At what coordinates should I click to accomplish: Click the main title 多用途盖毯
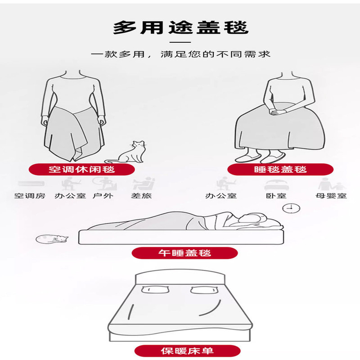pos(181,28)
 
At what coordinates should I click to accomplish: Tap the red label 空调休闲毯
pos(81,170)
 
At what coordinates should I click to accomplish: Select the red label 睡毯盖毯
pos(280,170)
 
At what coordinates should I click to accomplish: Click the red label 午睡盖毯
pos(184,253)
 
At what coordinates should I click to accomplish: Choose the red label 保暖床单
pos(187,351)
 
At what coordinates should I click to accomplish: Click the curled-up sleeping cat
pos(52,239)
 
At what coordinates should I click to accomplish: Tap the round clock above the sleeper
pos(291,208)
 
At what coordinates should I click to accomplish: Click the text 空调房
pos(30,196)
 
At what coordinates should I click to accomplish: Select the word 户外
pos(103,196)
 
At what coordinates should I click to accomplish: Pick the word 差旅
pos(141,196)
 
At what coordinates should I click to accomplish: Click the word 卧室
pos(276,196)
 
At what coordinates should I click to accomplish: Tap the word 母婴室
pos(331,196)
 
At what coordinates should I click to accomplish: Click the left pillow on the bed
pos(155,289)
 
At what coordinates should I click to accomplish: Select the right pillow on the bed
pos(204,290)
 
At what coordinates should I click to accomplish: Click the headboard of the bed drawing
pos(180,277)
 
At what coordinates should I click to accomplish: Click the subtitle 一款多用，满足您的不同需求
pos(181,54)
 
